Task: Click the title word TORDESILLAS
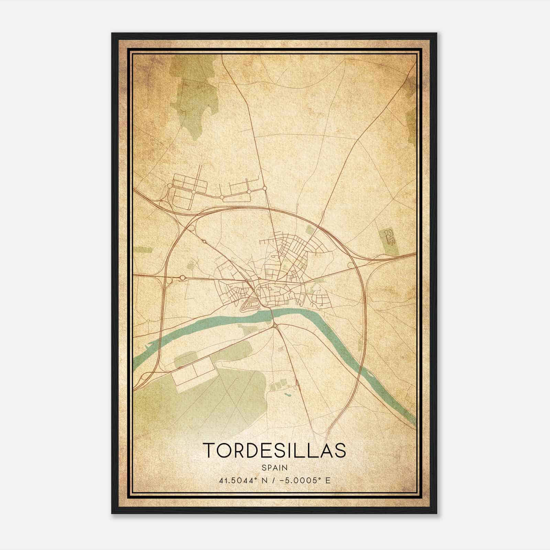(275, 450)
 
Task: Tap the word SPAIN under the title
(275, 467)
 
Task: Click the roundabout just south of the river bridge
(275, 325)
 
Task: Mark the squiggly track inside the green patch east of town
(390, 236)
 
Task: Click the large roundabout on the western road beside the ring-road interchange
(183, 277)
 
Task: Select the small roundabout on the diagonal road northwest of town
(205, 242)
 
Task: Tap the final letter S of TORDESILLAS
(340, 450)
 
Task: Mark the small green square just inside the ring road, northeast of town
(310, 230)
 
